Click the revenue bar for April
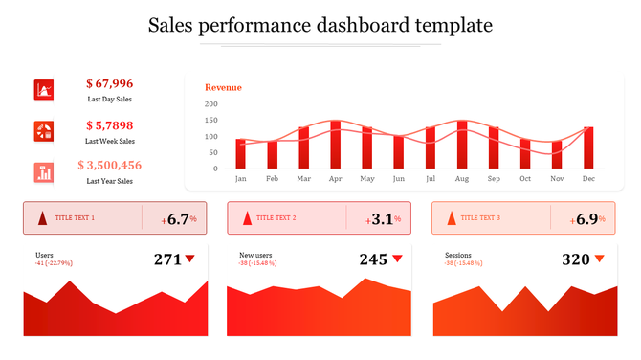tap(335, 144)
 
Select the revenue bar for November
tap(557, 154)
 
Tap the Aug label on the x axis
tap(462, 179)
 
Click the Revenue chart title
tap(223, 87)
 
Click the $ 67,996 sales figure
tap(110, 84)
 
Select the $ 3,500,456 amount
tap(110, 165)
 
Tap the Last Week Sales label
tap(110, 140)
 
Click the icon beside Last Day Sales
tap(44, 90)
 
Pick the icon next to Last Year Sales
tap(44, 172)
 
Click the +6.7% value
tap(179, 219)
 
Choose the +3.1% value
tap(383, 219)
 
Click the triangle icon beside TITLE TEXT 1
tap(42, 218)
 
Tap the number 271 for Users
tap(167, 259)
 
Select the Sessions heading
tap(457, 255)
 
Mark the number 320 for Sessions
tap(575, 259)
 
